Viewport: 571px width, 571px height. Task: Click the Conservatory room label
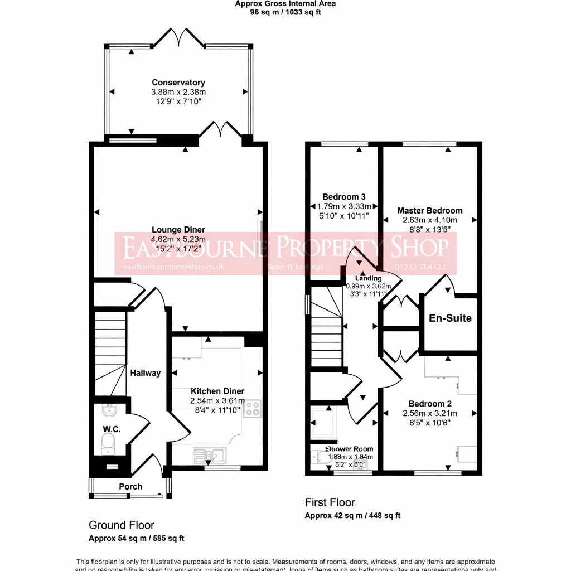(178, 83)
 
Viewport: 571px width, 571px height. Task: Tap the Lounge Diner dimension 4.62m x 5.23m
(178, 239)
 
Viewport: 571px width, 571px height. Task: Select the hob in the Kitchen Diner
(253, 409)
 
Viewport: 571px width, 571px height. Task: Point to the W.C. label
(112, 429)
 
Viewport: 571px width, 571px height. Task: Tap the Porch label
(130, 486)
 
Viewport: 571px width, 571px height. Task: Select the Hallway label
(146, 373)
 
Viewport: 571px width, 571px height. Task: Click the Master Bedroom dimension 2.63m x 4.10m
(429, 220)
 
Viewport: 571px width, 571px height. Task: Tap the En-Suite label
(450, 318)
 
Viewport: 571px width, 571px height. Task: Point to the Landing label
(368, 278)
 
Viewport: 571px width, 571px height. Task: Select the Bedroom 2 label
(429, 404)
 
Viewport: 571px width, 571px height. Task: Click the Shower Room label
(349, 449)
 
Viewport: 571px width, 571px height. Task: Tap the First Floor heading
(330, 502)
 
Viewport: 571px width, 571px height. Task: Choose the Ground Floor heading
(122, 525)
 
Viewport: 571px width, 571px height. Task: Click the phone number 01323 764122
(419, 267)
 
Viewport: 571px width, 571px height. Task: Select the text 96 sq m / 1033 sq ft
(285, 12)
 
